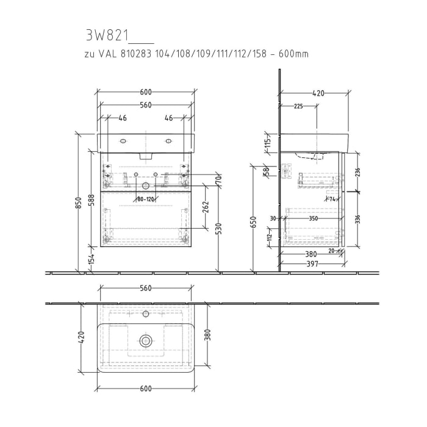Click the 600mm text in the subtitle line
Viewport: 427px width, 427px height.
(293, 54)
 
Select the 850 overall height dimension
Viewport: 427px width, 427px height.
(77, 206)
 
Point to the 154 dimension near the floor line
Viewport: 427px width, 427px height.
(90, 259)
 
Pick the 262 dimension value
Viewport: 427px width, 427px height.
(206, 209)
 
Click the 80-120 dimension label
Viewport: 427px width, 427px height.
(145, 198)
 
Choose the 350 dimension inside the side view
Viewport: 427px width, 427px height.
(313, 218)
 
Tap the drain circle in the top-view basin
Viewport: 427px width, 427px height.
(145, 340)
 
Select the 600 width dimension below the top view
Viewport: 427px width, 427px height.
(145, 389)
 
